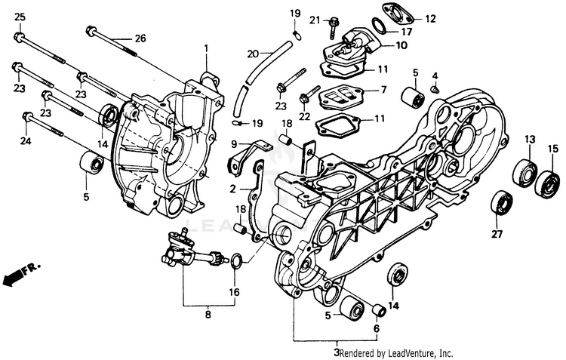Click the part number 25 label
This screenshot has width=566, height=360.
tap(20, 17)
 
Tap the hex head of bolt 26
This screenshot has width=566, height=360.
tap(91, 31)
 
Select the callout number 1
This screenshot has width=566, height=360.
tap(206, 48)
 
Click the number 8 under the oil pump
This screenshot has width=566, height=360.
tap(208, 315)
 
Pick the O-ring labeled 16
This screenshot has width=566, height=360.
tap(235, 261)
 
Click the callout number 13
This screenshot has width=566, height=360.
tap(530, 139)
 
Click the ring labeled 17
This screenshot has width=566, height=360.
tap(380, 25)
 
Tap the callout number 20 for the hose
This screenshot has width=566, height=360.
tap(253, 54)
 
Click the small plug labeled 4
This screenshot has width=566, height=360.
tap(435, 88)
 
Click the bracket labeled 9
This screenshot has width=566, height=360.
tap(250, 155)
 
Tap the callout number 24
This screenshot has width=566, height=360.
tap(25, 141)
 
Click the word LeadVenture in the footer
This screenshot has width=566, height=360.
tap(407, 352)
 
